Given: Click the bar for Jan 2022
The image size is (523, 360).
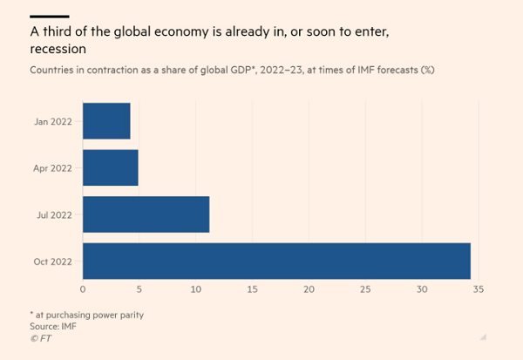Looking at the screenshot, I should pyautogui.click(x=106, y=121).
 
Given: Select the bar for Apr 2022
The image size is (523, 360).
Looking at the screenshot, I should pyautogui.click(x=110, y=167).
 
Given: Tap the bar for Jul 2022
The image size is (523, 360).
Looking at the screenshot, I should pyautogui.click(x=146, y=214).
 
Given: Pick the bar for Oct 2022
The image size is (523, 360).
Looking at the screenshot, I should pyautogui.click(x=276, y=261).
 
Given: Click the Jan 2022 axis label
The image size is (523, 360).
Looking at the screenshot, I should pyautogui.click(x=52, y=121).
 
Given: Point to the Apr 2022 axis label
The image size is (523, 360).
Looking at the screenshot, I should pyautogui.click(x=52, y=167).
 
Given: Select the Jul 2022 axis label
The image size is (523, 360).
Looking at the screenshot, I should pyautogui.click(x=54, y=214).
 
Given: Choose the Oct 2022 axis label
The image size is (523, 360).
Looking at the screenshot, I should pyautogui.click(x=52, y=261).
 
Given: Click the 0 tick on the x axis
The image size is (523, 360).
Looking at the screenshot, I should pyautogui.click(x=83, y=289).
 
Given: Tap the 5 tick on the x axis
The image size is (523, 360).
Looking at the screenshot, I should pyautogui.click(x=139, y=289).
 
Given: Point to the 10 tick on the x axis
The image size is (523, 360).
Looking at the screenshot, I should pyautogui.click(x=196, y=289).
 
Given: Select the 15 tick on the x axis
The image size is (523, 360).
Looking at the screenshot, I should pyautogui.click(x=253, y=289).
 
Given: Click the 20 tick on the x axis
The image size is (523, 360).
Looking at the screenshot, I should pyautogui.click(x=309, y=289).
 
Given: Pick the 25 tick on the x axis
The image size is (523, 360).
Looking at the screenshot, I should pyautogui.click(x=366, y=289).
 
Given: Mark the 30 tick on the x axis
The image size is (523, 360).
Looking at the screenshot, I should pyautogui.click(x=423, y=289).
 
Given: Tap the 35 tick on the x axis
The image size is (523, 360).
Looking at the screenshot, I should pyautogui.click(x=478, y=289).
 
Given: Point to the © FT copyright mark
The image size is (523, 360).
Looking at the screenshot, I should pyautogui.click(x=40, y=337).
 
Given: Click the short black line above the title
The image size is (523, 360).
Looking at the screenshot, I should pyautogui.click(x=49, y=16).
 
